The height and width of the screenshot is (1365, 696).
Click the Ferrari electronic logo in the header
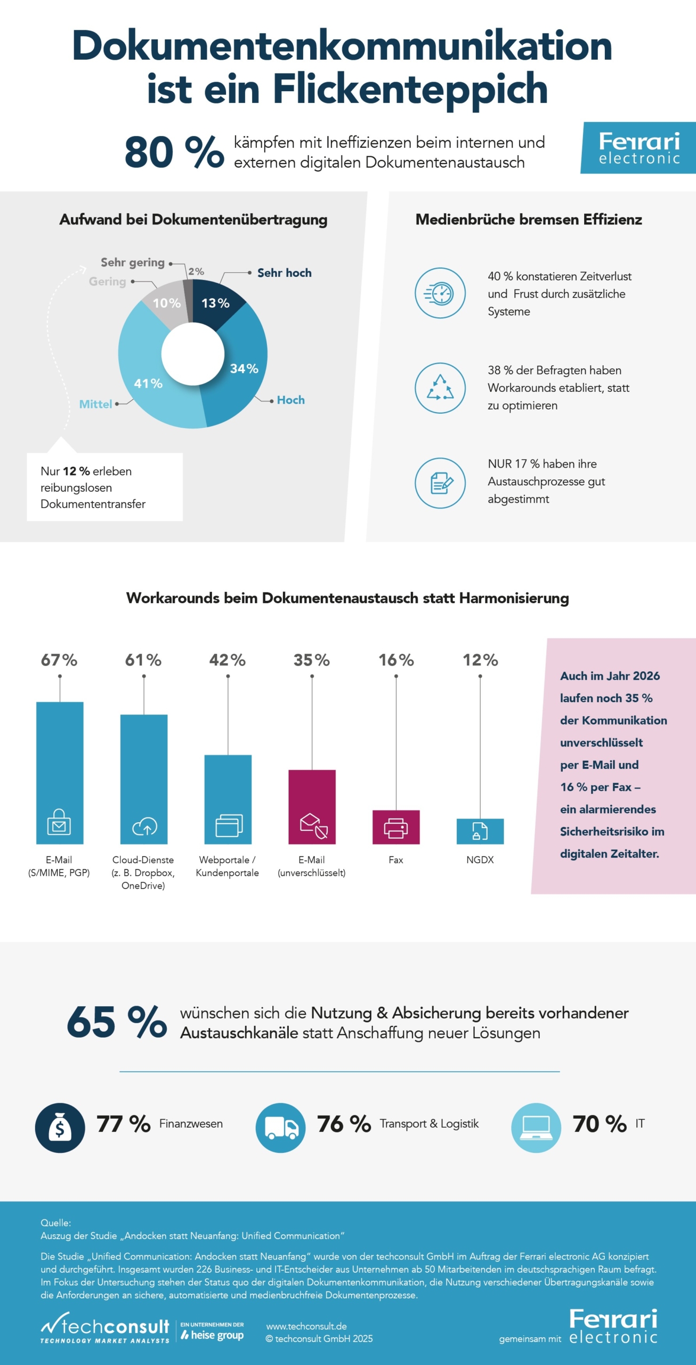click(639, 148)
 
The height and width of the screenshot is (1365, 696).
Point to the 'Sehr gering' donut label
click(133, 262)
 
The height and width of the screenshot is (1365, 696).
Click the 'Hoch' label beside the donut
click(290, 400)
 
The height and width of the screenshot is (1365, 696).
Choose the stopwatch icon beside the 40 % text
click(440, 293)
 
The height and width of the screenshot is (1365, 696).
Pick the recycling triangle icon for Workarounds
click(440, 388)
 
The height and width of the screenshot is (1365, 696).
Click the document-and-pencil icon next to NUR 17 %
click(440, 483)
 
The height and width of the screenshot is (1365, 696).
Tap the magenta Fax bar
click(396, 827)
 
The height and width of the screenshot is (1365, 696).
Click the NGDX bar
click(480, 831)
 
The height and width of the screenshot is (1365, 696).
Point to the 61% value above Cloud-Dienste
click(143, 660)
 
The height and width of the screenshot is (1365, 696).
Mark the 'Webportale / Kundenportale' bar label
click(228, 866)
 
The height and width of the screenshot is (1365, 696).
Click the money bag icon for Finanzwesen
click(60, 1128)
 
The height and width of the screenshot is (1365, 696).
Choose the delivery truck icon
click(281, 1128)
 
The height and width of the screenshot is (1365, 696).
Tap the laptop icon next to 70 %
click(536, 1128)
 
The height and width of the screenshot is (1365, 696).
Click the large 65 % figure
click(117, 1022)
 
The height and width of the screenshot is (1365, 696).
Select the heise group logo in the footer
click(212, 1331)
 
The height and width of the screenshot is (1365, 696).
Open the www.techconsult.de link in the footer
click(306, 1326)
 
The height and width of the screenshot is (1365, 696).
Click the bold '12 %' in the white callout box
click(76, 471)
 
